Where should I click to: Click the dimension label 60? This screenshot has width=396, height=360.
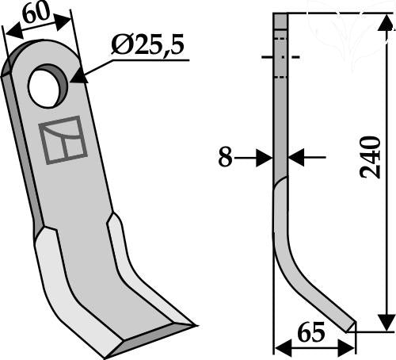(36, 12)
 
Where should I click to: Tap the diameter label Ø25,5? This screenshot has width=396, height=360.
(147, 44)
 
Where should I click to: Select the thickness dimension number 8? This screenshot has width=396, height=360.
(225, 157)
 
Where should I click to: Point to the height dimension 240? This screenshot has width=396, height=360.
(370, 157)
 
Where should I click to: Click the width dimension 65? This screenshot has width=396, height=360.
(310, 332)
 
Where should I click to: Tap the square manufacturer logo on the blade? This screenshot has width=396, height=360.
(63, 140)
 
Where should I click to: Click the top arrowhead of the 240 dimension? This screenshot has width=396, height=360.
(386, 22)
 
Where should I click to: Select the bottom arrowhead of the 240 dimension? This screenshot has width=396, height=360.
(386, 322)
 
